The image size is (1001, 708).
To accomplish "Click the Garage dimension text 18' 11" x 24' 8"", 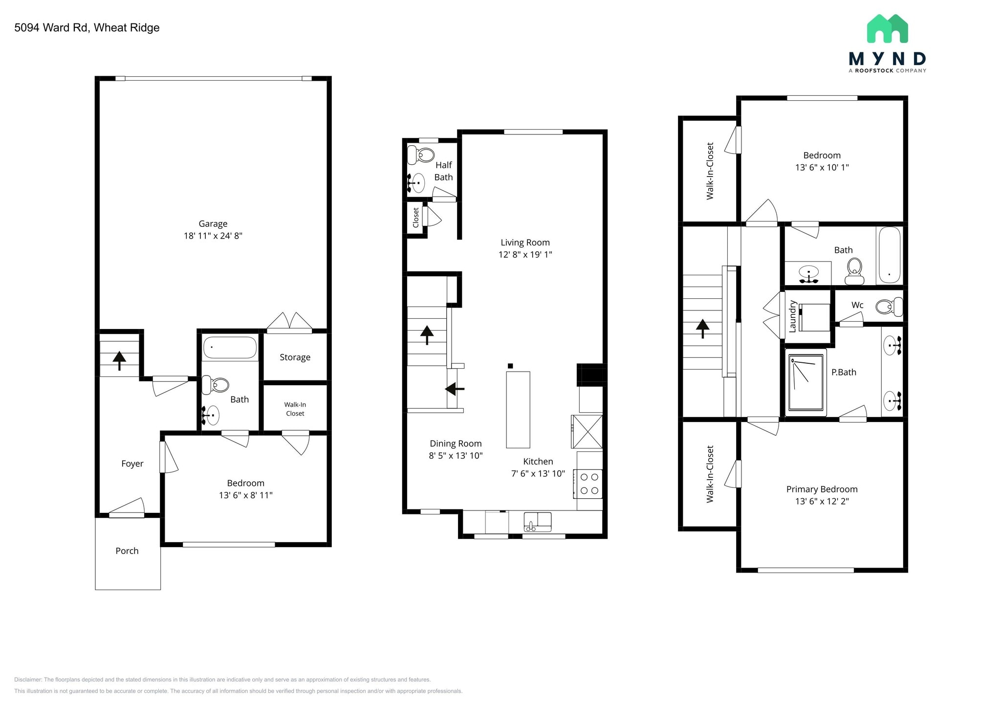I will click(x=213, y=236).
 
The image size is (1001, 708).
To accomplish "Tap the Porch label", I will click(x=127, y=551).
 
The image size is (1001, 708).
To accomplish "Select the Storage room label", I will click(x=295, y=357).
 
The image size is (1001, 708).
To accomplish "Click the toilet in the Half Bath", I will click(x=420, y=155).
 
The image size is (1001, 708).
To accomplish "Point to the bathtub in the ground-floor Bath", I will click(x=230, y=348).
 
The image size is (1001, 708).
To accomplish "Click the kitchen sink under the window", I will click(x=537, y=521).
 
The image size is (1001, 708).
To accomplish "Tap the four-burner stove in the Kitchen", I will click(x=588, y=484).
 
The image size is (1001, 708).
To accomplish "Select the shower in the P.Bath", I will click(x=806, y=382).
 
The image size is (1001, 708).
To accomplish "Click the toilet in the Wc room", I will click(x=888, y=307).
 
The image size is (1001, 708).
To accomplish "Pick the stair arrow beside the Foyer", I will click(x=119, y=360).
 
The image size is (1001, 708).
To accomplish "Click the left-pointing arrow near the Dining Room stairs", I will click(x=455, y=389).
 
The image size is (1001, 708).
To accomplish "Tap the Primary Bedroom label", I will click(x=822, y=489).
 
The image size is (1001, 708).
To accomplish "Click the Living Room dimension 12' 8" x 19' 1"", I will click(x=525, y=254).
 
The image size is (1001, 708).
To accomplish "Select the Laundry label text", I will click(x=793, y=316).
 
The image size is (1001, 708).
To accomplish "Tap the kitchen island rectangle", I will click(x=518, y=409).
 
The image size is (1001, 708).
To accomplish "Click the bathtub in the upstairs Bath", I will click(x=890, y=255).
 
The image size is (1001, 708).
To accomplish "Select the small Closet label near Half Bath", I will click(x=416, y=218).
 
